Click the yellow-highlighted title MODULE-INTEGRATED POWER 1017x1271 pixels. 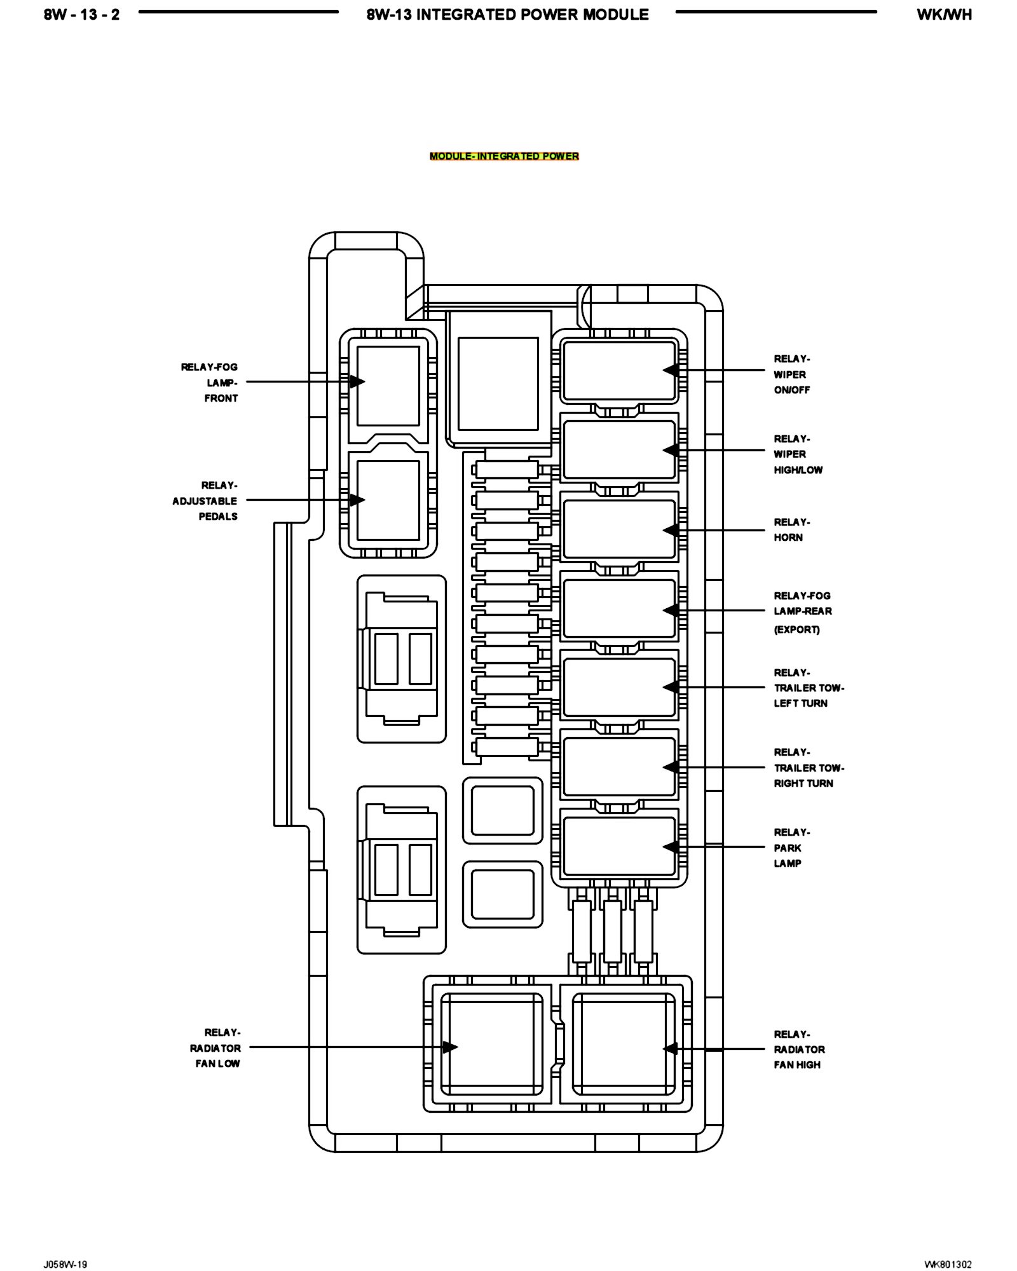(504, 156)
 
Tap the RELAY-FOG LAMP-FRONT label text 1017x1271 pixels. (210, 383)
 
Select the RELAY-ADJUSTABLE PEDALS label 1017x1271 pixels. (206, 501)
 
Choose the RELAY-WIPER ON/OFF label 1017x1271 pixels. (792, 374)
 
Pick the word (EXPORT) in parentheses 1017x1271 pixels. (796, 630)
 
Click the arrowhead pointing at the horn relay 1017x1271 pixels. (670, 530)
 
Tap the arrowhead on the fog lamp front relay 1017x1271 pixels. (357, 382)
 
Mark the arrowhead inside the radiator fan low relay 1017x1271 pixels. (450, 1047)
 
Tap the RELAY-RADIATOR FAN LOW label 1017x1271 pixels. (215, 1048)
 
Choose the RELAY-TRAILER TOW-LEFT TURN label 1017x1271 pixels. (808, 688)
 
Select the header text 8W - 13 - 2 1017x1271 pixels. (81, 15)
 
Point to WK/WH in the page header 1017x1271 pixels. (944, 15)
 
